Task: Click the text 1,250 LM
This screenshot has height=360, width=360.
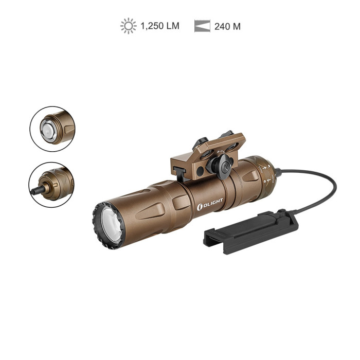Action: click(x=160, y=26)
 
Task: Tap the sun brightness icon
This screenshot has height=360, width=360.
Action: click(x=128, y=26)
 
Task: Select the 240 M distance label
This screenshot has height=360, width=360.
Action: click(x=226, y=26)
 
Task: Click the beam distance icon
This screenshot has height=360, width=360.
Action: click(x=202, y=26)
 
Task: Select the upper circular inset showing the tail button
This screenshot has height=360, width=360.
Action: click(x=52, y=129)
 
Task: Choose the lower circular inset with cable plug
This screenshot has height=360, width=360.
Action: click(x=51, y=185)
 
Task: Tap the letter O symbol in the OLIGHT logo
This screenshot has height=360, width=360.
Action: click(x=200, y=207)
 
